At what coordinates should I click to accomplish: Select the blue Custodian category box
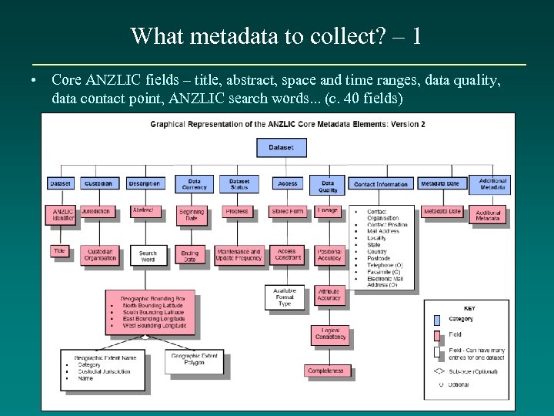(x=98, y=183)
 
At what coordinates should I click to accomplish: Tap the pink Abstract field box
(x=144, y=210)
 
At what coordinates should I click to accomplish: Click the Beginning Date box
(x=191, y=215)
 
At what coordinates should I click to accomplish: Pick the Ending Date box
(x=190, y=256)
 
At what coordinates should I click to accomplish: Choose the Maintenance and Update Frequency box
(x=239, y=256)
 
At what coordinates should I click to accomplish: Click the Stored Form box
(x=288, y=211)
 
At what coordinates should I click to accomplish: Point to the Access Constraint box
(x=287, y=255)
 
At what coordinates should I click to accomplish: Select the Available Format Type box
(x=285, y=297)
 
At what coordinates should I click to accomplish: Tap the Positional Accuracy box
(x=329, y=255)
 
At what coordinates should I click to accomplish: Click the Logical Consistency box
(x=330, y=334)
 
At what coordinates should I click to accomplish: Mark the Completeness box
(x=326, y=371)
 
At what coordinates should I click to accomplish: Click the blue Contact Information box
(x=382, y=184)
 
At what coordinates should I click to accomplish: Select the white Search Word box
(x=148, y=256)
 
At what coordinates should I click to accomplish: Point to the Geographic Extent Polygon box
(x=194, y=360)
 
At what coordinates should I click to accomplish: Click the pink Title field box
(x=60, y=250)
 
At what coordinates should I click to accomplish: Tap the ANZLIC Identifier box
(x=63, y=215)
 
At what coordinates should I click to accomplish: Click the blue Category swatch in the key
(x=438, y=318)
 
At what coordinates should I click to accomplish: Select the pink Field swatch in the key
(x=438, y=334)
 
